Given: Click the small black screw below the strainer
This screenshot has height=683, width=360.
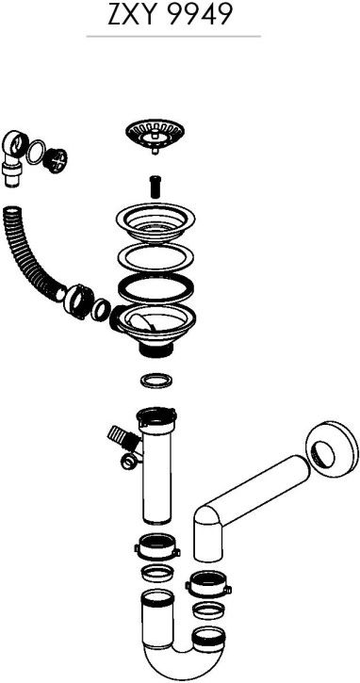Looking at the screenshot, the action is (155, 186).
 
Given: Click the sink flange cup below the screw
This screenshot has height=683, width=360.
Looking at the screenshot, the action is (155, 223).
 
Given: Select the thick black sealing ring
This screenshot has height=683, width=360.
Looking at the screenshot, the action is (155, 287).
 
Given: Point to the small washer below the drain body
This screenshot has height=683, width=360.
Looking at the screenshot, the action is (156, 381).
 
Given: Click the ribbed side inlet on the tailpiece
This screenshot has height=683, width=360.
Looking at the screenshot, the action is (122, 436).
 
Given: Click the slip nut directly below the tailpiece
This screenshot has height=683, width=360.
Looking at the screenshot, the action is (156, 547).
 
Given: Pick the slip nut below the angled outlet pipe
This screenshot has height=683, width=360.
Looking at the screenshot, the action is (208, 584).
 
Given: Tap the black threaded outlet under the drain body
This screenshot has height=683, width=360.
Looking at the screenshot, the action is (155, 350).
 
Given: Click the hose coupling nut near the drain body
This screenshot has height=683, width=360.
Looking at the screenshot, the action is (79, 301).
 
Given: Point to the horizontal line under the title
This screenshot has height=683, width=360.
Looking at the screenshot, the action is (173, 37).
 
